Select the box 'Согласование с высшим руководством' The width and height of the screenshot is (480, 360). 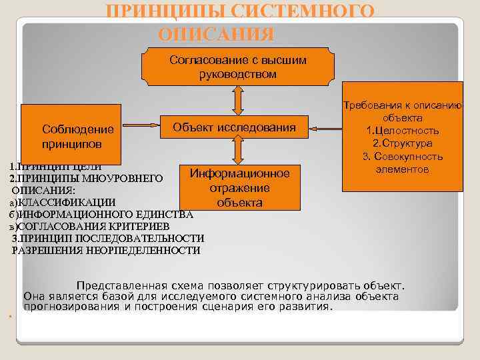click(238, 67)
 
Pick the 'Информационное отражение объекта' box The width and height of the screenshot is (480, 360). click(239, 187)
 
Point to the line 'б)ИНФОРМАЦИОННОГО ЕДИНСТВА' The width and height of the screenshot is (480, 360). click(100, 215)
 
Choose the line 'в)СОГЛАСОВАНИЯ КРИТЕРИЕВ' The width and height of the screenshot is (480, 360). click(93, 227)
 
